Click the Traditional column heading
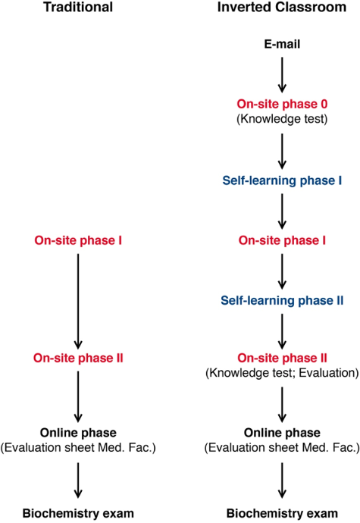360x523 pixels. pyautogui.click(x=78, y=7)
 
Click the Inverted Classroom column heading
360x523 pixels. pyautogui.click(x=282, y=7)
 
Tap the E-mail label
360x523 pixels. pyautogui.click(x=282, y=44)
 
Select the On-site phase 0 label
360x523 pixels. pyautogui.click(x=282, y=104)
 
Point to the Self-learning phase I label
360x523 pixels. pyautogui.click(x=282, y=180)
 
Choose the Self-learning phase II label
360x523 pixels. pyautogui.click(x=282, y=300)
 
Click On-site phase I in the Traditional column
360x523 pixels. pyautogui.click(x=78, y=240)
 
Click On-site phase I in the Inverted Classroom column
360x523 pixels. pyautogui.click(x=282, y=240)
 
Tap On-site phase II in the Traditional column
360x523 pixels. pyautogui.click(x=78, y=359)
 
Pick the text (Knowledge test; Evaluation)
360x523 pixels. pyautogui.click(x=282, y=373)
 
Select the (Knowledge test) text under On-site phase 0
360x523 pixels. pyautogui.click(x=282, y=119)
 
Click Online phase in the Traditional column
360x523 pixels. pyautogui.click(x=78, y=433)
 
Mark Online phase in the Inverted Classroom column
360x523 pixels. pyautogui.click(x=282, y=433)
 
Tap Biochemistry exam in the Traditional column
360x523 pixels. pyautogui.click(x=78, y=513)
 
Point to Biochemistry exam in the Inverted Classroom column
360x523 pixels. pyautogui.click(x=282, y=513)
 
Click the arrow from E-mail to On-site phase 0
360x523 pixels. pyautogui.click(x=282, y=75)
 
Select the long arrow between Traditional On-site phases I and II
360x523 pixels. pyautogui.click(x=78, y=301)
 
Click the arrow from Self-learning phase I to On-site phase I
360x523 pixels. pyautogui.click(x=282, y=211)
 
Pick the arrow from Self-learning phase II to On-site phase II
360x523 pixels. pyautogui.click(x=282, y=331)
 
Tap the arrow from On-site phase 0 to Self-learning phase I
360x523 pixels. pyautogui.click(x=282, y=152)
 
